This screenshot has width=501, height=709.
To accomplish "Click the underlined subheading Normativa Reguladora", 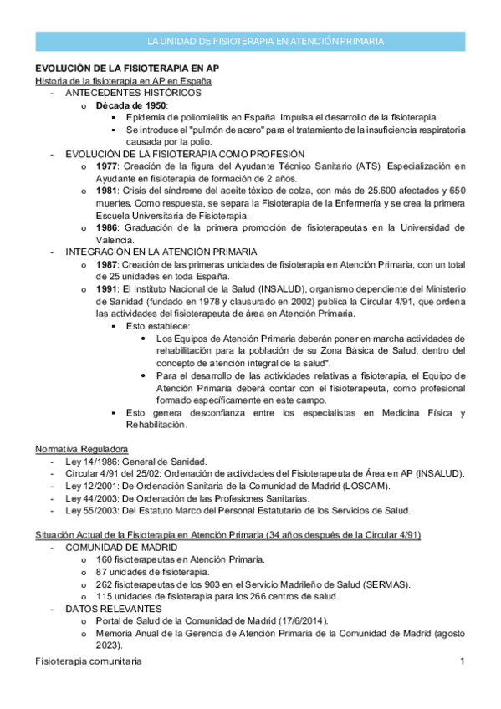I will pos(82,448).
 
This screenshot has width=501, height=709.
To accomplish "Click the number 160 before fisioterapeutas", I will pos(105,559).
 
